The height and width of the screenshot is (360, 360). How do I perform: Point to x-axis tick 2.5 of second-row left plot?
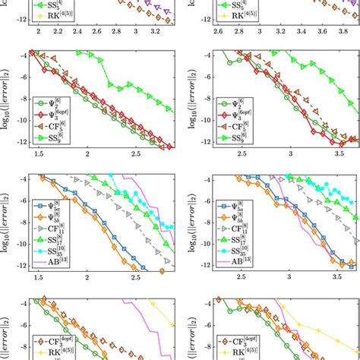click(137, 155)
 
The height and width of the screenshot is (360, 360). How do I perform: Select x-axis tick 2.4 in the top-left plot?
click(77, 33)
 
